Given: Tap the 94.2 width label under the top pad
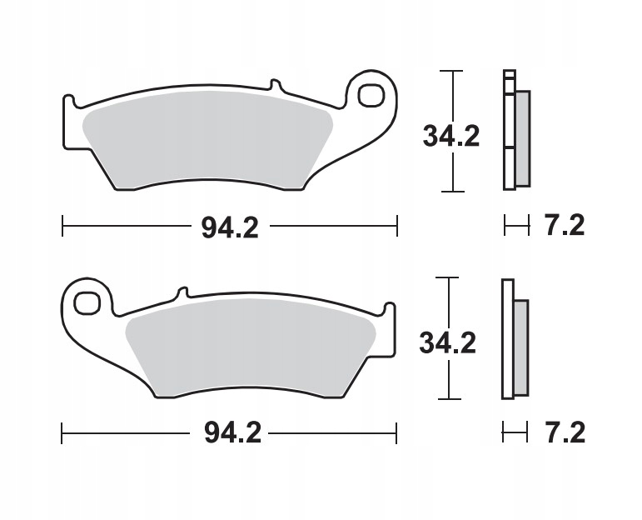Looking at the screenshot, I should coord(230,227).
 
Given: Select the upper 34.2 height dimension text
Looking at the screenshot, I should coord(451,135).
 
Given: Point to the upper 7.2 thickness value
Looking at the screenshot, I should coord(565,226).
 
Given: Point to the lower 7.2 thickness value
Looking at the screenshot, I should coord(565,432).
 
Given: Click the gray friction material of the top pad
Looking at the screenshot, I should coord(208,137).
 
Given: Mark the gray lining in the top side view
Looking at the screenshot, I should coord(522,138).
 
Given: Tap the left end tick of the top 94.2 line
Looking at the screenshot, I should coord(63,225).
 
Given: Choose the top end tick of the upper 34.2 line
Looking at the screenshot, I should coord(451,72).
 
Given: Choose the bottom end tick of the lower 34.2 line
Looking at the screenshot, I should coord(450,398).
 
